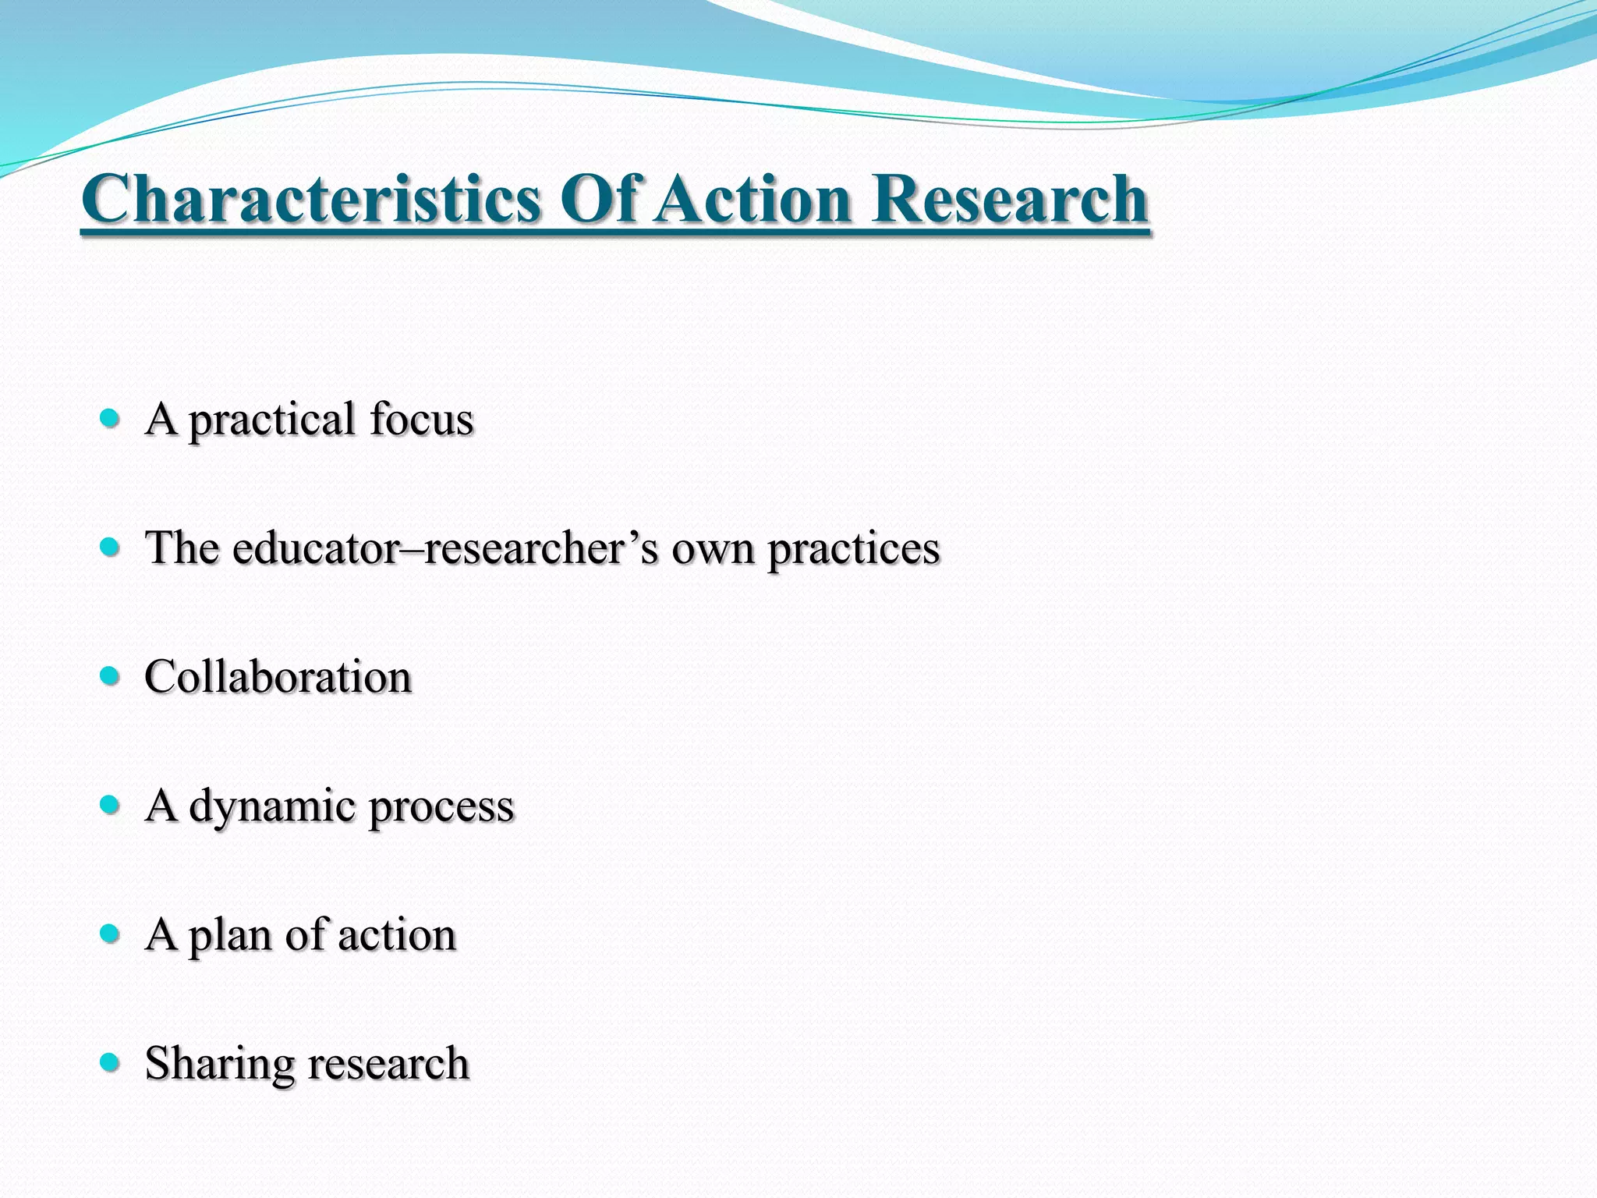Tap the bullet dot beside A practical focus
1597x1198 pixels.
click(110, 419)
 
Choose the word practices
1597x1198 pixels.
click(854, 549)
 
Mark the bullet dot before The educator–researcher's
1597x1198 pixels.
click(110, 547)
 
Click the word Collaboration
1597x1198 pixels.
click(278, 676)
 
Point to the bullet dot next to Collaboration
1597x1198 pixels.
click(110, 675)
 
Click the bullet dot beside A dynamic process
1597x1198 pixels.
click(110, 804)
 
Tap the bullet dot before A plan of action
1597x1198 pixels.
click(110, 933)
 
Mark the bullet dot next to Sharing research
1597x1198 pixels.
click(110, 1062)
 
